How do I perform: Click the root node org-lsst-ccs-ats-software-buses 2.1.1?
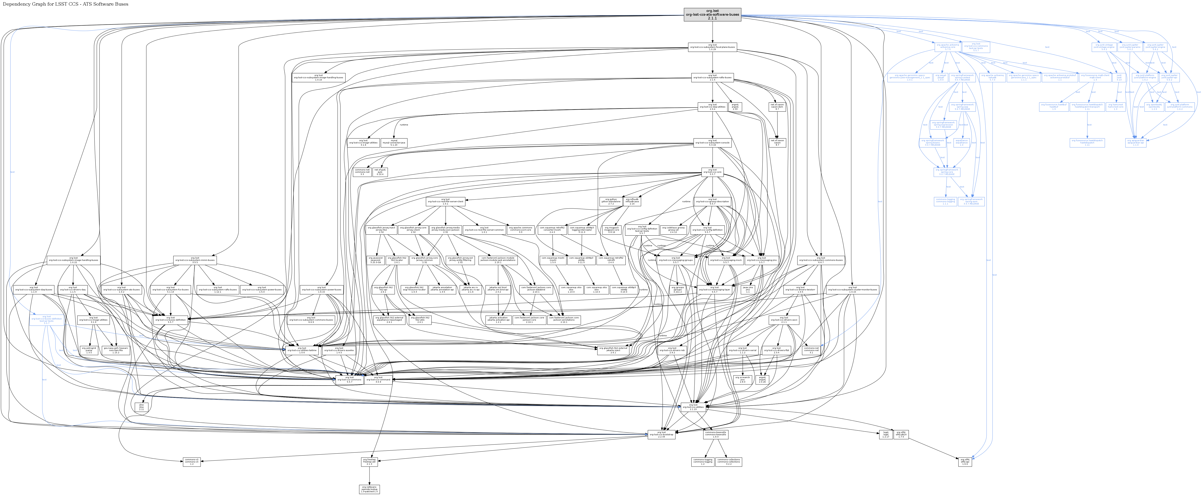pyautogui.click(x=712, y=15)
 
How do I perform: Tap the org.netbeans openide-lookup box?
pyautogui.click(x=369, y=489)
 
